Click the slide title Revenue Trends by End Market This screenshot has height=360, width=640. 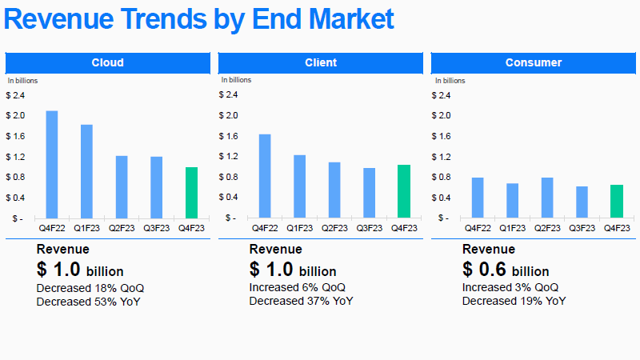(199, 19)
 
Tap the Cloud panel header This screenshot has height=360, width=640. (107, 62)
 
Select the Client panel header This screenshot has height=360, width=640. (321, 62)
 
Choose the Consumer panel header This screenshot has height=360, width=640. (534, 62)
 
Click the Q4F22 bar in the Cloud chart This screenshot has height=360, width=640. (52, 164)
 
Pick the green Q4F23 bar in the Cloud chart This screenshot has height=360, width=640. (191, 192)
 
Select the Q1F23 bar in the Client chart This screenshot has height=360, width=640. (299, 186)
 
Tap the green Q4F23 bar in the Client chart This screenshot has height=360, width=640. (404, 191)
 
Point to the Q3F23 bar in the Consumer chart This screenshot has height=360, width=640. (582, 202)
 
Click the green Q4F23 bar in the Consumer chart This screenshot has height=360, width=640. (617, 201)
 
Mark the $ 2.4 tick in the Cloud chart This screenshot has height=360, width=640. (15, 95)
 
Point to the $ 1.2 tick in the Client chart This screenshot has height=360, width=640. (228, 157)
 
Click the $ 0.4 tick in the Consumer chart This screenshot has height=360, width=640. (441, 198)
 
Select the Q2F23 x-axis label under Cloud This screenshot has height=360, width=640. (122, 228)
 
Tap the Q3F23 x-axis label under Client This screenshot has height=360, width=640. (369, 228)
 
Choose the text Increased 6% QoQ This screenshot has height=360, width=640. (298, 287)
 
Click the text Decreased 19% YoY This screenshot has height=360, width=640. (514, 301)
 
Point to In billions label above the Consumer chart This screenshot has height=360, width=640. (450, 80)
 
